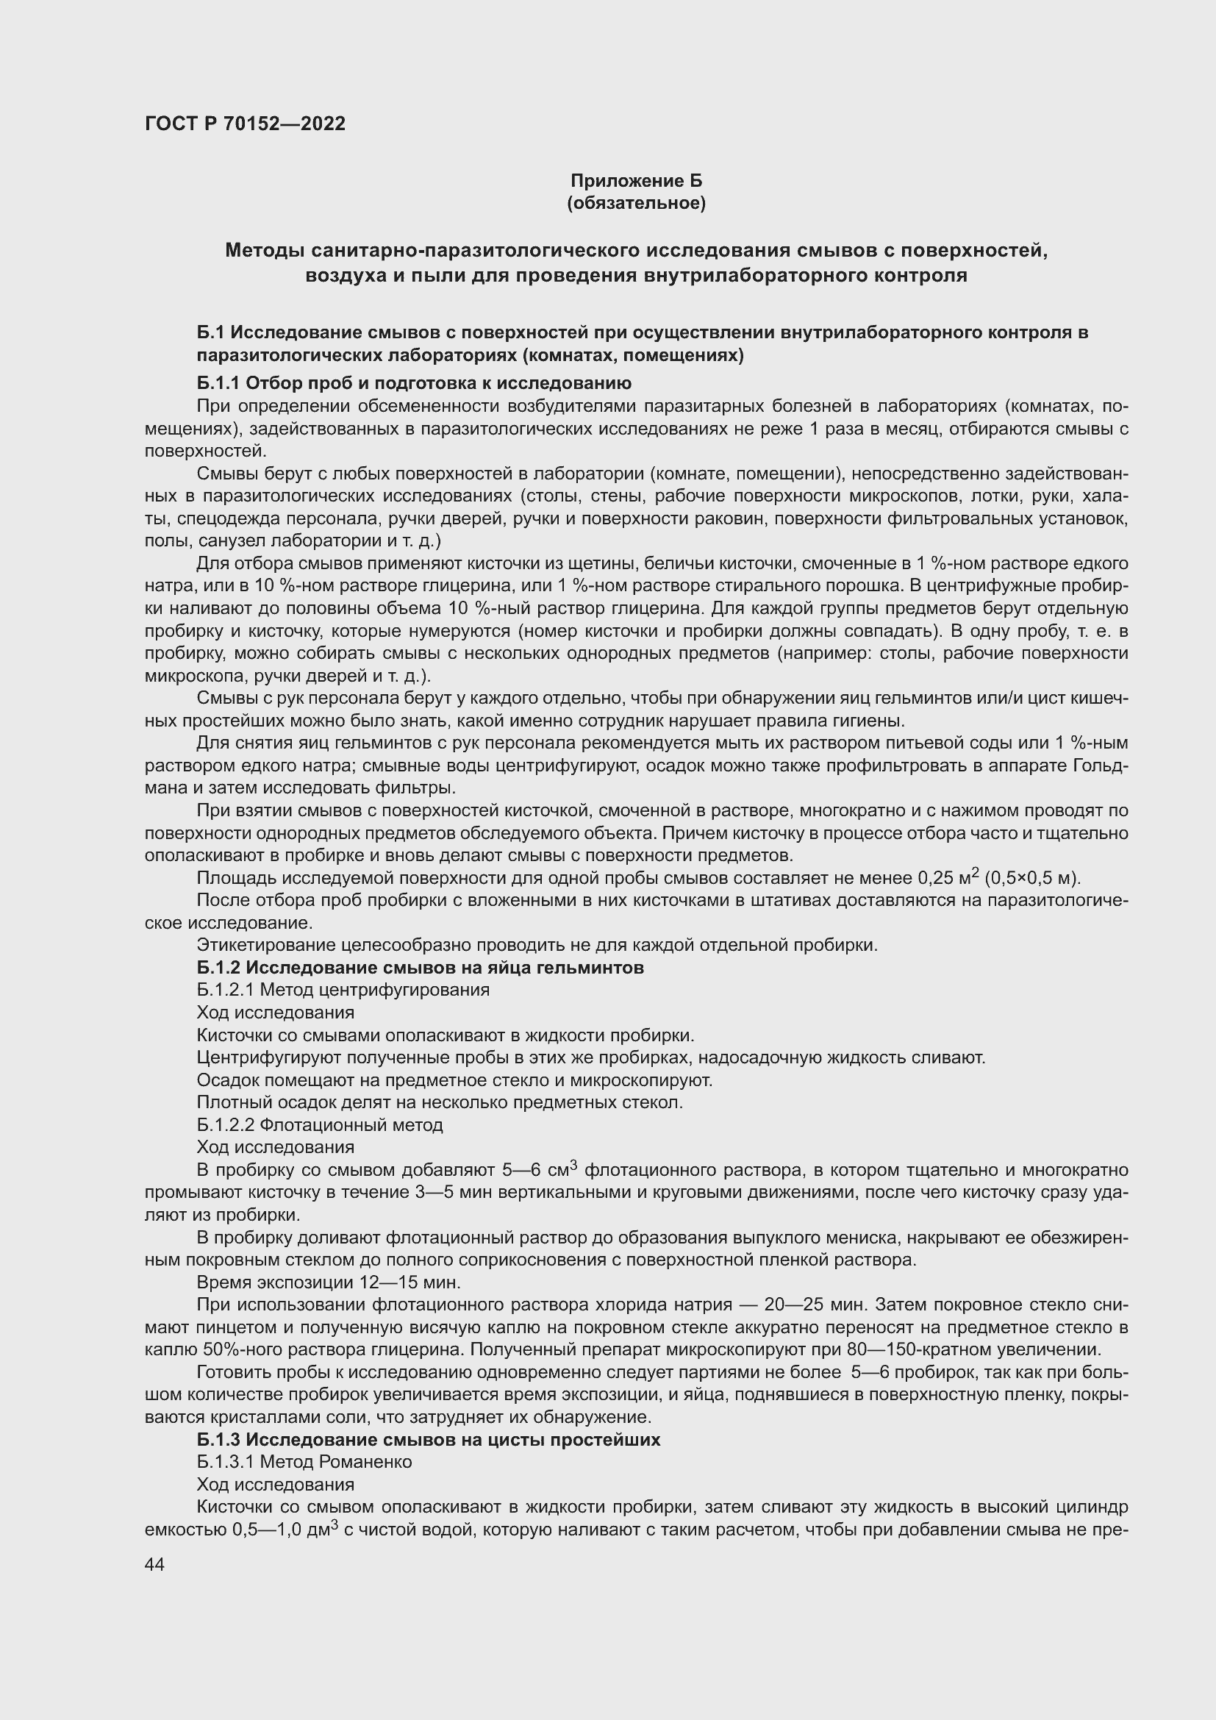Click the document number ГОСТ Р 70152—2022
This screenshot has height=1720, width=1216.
[x=245, y=124]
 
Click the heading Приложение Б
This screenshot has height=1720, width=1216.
[x=637, y=181]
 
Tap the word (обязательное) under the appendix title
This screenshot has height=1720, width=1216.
[x=637, y=203]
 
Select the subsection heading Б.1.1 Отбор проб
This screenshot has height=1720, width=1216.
[x=414, y=384]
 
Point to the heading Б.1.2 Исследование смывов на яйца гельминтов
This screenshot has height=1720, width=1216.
[x=420, y=968]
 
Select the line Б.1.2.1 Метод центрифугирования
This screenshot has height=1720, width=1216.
[x=343, y=991]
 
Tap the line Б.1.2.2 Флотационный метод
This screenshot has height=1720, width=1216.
[x=320, y=1125]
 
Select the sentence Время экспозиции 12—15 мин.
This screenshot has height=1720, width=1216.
[x=329, y=1282]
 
